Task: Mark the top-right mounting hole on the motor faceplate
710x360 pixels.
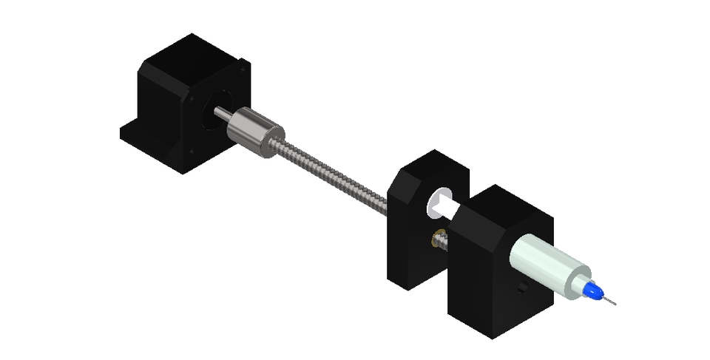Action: [241, 67]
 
